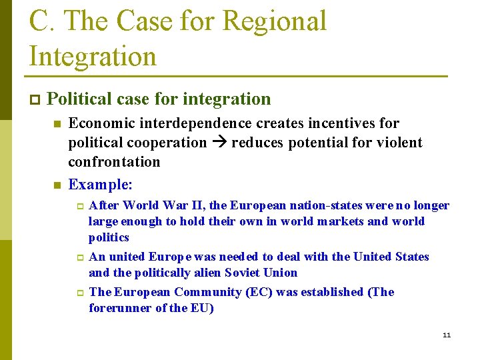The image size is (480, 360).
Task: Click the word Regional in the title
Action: point(275,21)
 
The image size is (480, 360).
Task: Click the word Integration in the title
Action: point(93,56)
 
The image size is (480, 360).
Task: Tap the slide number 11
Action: point(447,335)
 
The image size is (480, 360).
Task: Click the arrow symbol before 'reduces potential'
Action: point(219,143)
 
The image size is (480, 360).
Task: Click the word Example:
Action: point(101,184)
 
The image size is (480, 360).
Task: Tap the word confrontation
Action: point(114,162)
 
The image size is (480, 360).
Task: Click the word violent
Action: point(399,143)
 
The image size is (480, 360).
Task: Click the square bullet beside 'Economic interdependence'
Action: point(57,124)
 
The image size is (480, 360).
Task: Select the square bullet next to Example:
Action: point(57,185)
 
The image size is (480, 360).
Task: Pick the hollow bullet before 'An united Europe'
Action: point(78,257)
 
